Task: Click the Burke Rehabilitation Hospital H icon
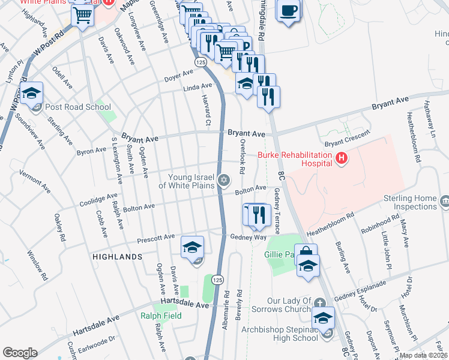[342, 158]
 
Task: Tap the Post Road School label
[79, 107]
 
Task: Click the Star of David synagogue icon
[224, 180]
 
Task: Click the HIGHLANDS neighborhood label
[118, 256]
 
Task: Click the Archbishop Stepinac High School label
[280, 334]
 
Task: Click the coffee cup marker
[289, 10]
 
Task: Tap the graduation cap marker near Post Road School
[31, 94]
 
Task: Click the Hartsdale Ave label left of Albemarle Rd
[187, 305]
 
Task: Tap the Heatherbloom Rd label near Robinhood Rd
[331, 223]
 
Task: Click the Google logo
[20, 353]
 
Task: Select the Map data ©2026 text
[423, 355]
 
